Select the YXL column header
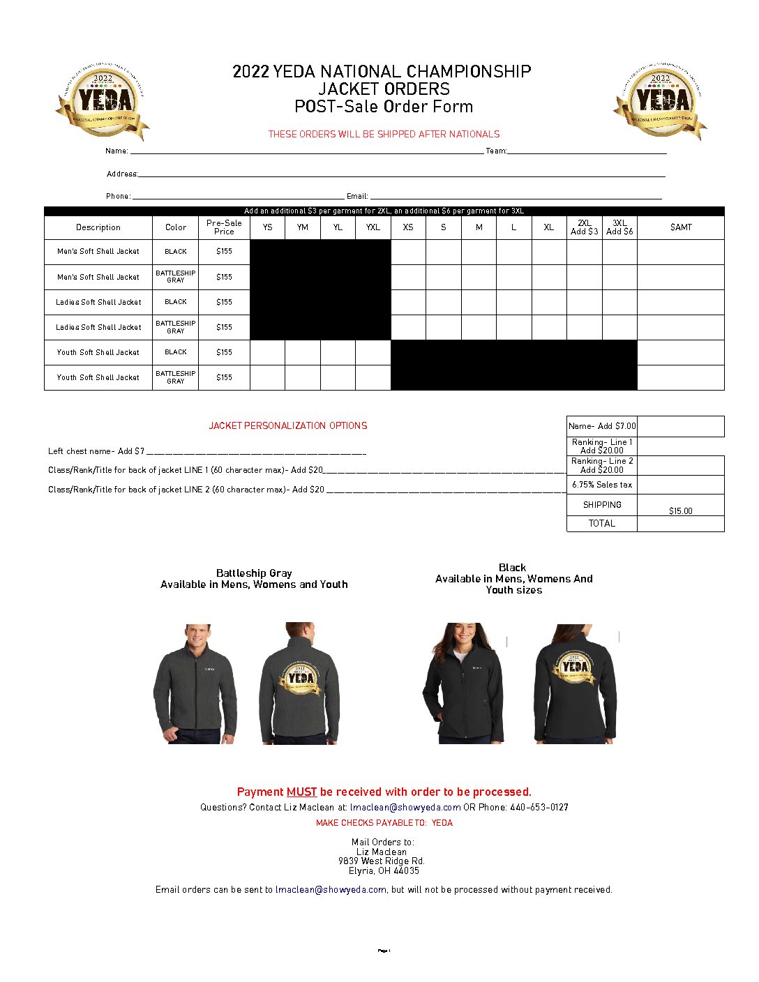coord(373,227)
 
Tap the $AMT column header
coord(681,227)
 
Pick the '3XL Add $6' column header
coord(619,227)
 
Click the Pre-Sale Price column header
coord(224,227)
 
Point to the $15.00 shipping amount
coord(681,511)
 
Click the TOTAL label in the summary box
coord(601,524)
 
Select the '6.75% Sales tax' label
coord(602,485)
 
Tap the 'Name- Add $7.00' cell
coord(602,426)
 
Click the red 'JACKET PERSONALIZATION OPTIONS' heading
coord(288,425)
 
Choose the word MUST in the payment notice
coord(301,792)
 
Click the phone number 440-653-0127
coord(539,808)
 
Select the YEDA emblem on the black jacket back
coord(574,668)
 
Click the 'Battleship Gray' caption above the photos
coord(254,573)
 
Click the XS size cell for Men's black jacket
coord(408,252)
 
